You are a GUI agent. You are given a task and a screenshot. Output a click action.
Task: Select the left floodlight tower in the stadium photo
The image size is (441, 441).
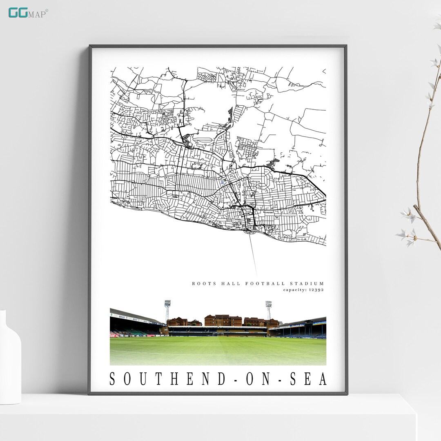coord(167,310)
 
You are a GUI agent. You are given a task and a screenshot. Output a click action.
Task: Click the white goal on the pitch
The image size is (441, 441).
coord(218,333)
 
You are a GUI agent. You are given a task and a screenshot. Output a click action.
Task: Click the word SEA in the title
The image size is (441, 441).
coord(309,379)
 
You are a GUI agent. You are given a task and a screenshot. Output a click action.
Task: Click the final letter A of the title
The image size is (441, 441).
coord(323,379)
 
